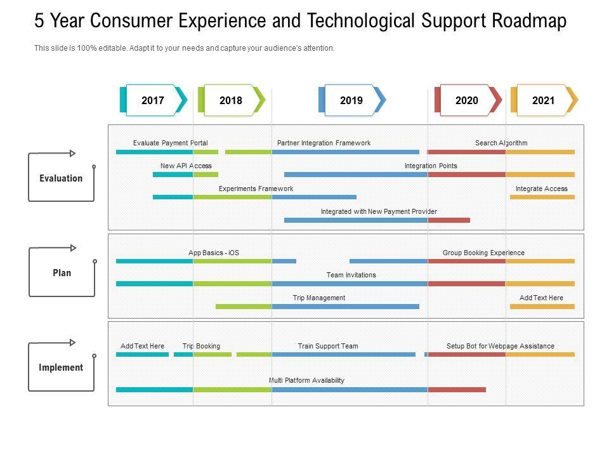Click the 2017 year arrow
coord(153,100)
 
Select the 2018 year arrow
coord(231,100)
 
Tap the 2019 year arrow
coord(351,100)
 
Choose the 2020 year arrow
coord(467,100)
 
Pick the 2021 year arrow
coord(544,100)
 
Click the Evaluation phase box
coord(61,178)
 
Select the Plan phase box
coord(62,273)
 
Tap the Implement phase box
coord(61,368)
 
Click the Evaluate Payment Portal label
coord(170,143)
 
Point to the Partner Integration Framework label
coord(324,143)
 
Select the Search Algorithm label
coord(501,143)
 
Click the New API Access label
coord(186,166)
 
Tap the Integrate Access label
coord(541,189)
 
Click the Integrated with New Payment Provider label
coord(379,211)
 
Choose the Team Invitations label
coord(351,275)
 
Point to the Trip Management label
coord(318,298)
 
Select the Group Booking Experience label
coord(483,253)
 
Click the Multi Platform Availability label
coord(306,380)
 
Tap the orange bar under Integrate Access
coord(542,197)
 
